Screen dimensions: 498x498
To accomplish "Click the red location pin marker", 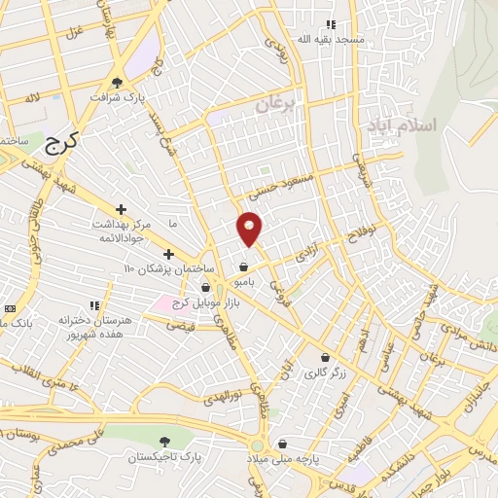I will point(250,228).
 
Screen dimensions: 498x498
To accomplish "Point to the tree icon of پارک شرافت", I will point(118,82).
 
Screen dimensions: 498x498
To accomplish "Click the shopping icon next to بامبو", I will point(242,267).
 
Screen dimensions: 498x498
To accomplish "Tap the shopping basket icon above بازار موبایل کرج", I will point(206,288).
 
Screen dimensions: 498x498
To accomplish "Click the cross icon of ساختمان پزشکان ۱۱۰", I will point(168,254).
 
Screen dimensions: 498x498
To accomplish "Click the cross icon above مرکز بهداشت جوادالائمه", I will point(121,209).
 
